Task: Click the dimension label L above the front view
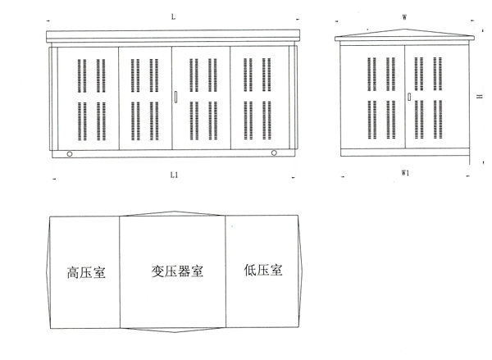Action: (x=173, y=17)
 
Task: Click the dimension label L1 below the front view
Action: (x=174, y=175)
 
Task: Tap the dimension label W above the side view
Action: (x=405, y=17)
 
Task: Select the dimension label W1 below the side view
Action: (x=405, y=173)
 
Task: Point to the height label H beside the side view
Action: (x=480, y=97)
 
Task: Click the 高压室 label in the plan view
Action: (x=86, y=272)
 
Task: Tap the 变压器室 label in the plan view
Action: (x=177, y=271)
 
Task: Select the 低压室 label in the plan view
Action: (x=263, y=270)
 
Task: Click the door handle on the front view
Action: (x=175, y=97)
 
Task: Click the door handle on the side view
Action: (x=409, y=97)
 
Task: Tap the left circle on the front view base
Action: (x=70, y=154)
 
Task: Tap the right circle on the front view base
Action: (x=274, y=153)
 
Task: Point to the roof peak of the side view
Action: (x=404, y=30)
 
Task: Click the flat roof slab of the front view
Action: (x=173, y=36)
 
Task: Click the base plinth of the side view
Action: (x=405, y=153)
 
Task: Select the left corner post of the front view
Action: (x=53, y=98)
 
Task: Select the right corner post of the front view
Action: (x=293, y=98)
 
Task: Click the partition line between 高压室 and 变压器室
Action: (x=120, y=272)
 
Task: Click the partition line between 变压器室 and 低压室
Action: (x=225, y=271)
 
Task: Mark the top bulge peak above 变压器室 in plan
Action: (x=175, y=212)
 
